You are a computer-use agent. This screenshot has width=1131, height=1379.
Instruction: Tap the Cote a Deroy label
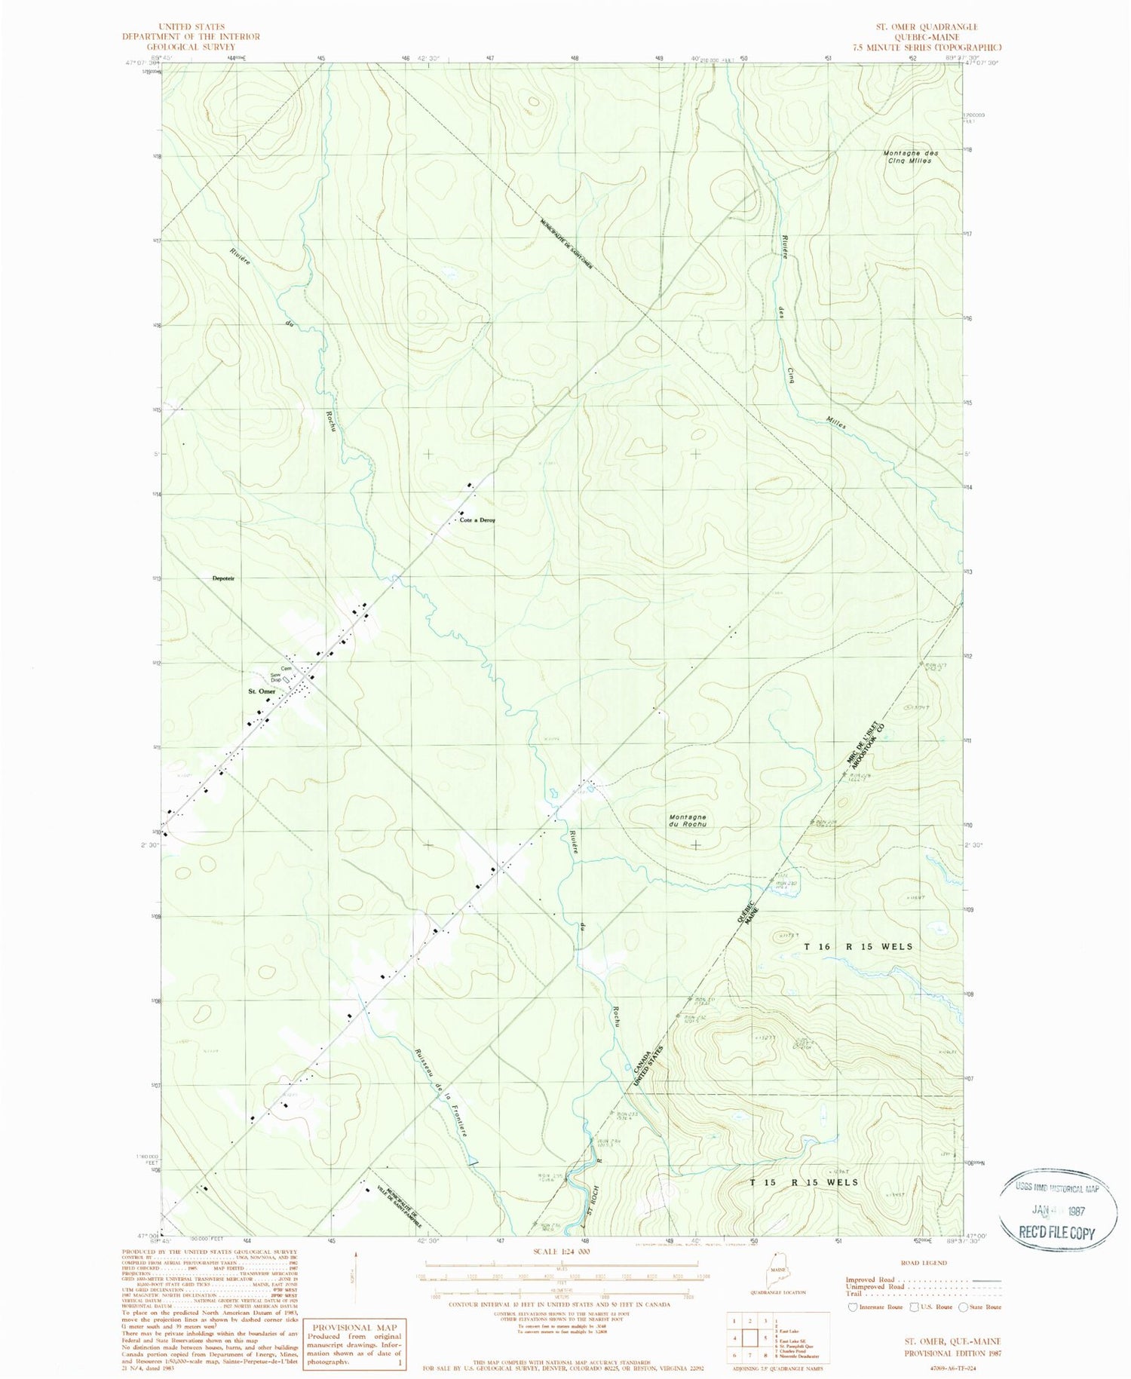pos(477,520)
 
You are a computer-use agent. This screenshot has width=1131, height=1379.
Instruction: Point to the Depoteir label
pos(224,578)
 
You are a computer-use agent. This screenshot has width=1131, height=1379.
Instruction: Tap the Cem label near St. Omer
pos(287,668)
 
